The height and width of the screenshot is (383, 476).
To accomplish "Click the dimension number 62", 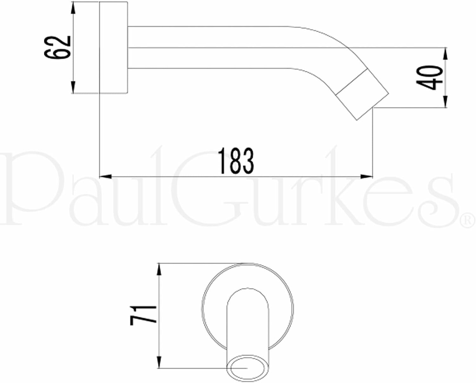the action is click(57, 48).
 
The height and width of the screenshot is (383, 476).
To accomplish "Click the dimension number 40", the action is click(429, 77).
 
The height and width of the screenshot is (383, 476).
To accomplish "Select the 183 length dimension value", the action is click(236, 161).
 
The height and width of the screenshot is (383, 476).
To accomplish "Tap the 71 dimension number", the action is click(143, 315).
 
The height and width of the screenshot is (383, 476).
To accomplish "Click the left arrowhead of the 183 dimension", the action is click(105, 177).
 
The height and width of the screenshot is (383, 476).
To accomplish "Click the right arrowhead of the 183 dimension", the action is click(367, 177).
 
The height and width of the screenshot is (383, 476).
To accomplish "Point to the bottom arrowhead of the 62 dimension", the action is click(73, 87).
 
